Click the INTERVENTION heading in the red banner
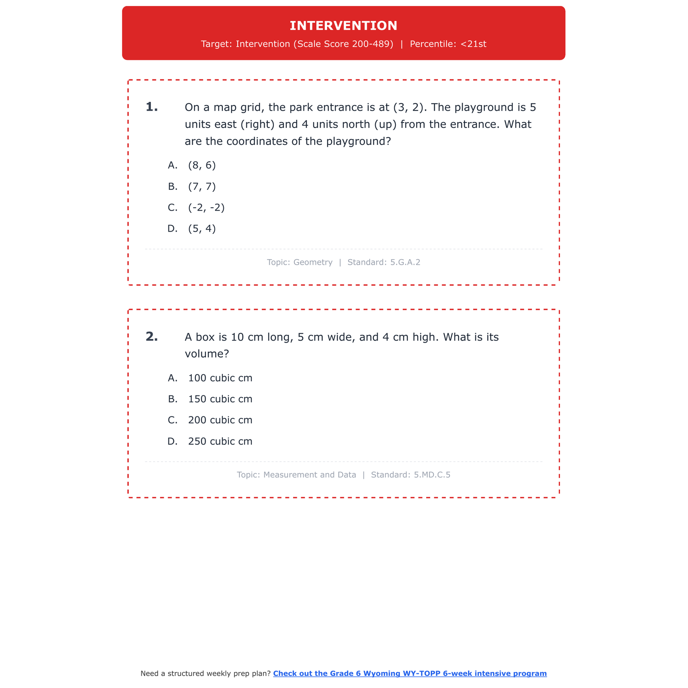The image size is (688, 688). (x=344, y=26)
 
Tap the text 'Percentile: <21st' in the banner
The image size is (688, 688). (x=448, y=44)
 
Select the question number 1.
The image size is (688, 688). (x=151, y=107)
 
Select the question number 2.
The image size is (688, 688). (x=151, y=337)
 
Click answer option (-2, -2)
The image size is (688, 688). (x=206, y=208)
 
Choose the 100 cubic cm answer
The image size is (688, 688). (x=220, y=378)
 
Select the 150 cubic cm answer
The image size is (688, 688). (x=220, y=399)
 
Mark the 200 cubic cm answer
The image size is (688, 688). (x=220, y=421)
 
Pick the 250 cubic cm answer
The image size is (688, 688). (x=220, y=442)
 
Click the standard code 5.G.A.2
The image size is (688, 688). (x=405, y=262)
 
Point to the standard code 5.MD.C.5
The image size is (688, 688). (x=432, y=475)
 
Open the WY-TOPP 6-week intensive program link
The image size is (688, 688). (x=410, y=673)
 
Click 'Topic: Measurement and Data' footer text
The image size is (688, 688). (x=296, y=475)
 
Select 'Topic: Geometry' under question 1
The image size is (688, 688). (x=300, y=262)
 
